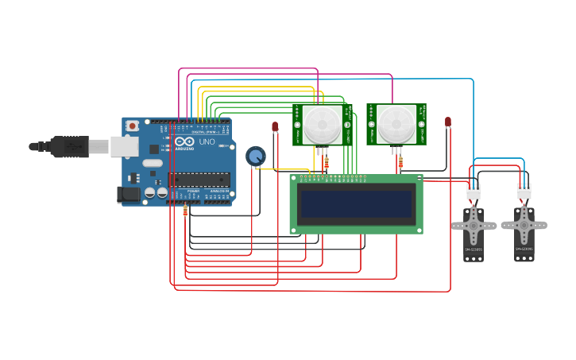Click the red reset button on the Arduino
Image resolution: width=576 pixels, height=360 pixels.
(x=132, y=126)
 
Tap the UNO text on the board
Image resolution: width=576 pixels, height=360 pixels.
(x=206, y=141)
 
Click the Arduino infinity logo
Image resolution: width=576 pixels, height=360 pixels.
(x=184, y=141)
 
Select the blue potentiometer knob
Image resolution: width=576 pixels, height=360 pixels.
(x=255, y=156)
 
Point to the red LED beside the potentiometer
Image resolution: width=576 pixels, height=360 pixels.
(x=275, y=126)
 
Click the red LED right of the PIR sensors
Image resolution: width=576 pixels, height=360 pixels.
(x=448, y=122)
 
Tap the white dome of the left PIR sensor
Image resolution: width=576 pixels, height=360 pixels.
(x=323, y=124)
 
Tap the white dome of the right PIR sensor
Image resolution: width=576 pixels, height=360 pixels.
(x=396, y=124)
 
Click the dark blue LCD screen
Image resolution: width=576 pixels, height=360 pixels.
(x=356, y=205)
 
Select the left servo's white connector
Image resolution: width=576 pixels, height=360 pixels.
(x=474, y=192)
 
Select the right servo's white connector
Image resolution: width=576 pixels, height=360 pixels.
(x=524, y=192)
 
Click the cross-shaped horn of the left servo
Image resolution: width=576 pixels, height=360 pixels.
(x=474, y=226)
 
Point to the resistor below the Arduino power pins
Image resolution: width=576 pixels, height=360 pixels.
(x=185, y=211)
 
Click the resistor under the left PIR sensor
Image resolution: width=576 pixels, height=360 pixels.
(x=326, y=163)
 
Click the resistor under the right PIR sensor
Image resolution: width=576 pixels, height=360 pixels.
(x=400, y=163)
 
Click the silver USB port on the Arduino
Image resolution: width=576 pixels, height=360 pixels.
(x=124, y=146)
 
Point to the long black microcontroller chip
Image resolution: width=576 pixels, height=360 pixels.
(x=199, y=180)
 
